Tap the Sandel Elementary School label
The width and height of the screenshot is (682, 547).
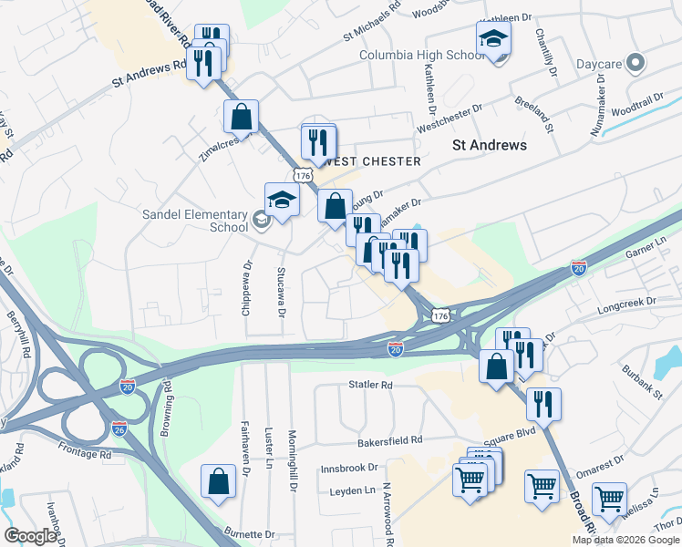(x=194, y=221)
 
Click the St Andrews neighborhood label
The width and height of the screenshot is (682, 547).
(x=490, y=145)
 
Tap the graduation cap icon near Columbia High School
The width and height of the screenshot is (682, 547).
(x=493, y=39)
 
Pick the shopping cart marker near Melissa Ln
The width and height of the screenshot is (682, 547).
(x=609, y=499)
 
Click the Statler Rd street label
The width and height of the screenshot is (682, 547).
(x=370, y=386)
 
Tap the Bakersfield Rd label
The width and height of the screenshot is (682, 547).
(x=392, y=439)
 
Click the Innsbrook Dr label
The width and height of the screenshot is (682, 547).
(x=349, y=468)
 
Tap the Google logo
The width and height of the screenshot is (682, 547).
(x=30, y=536)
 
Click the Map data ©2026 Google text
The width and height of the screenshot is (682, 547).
(x=625, y=540)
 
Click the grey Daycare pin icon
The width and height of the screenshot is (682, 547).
(x=636, y=64)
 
